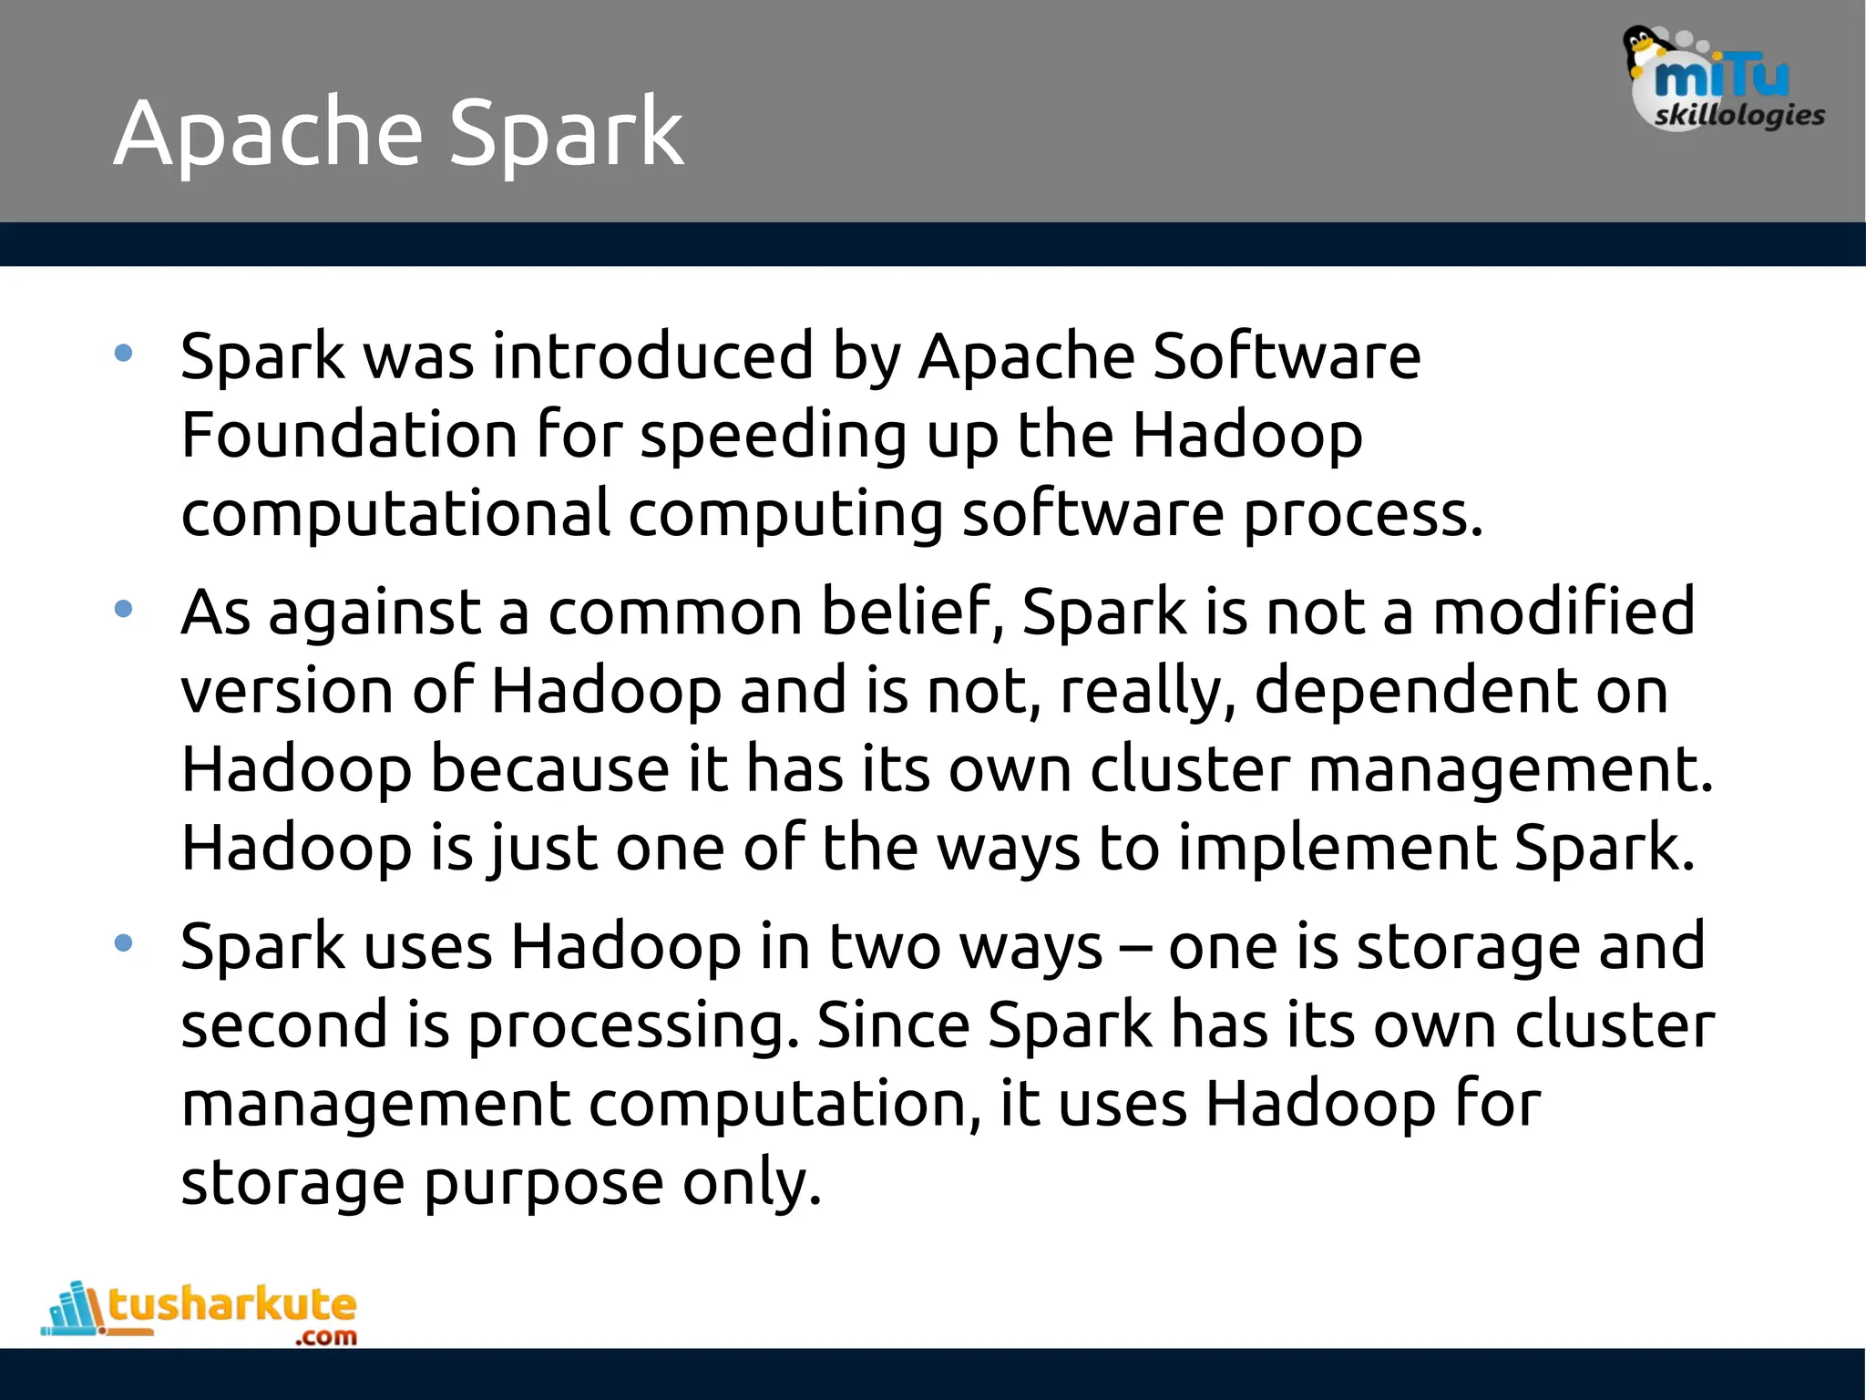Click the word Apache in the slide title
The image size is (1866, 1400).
[269, 135]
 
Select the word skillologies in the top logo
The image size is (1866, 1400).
[1739, 116]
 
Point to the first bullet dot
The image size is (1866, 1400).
[124, 353]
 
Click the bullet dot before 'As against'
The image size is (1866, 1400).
[124, 609]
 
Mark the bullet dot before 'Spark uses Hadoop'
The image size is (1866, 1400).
[124, 943]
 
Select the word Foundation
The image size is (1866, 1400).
[349, 435]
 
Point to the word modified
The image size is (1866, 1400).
[1564, 611]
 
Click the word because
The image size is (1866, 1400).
[550, 769]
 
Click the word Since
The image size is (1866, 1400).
[893, 1025]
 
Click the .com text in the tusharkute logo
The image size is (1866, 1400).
[325, 1337]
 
